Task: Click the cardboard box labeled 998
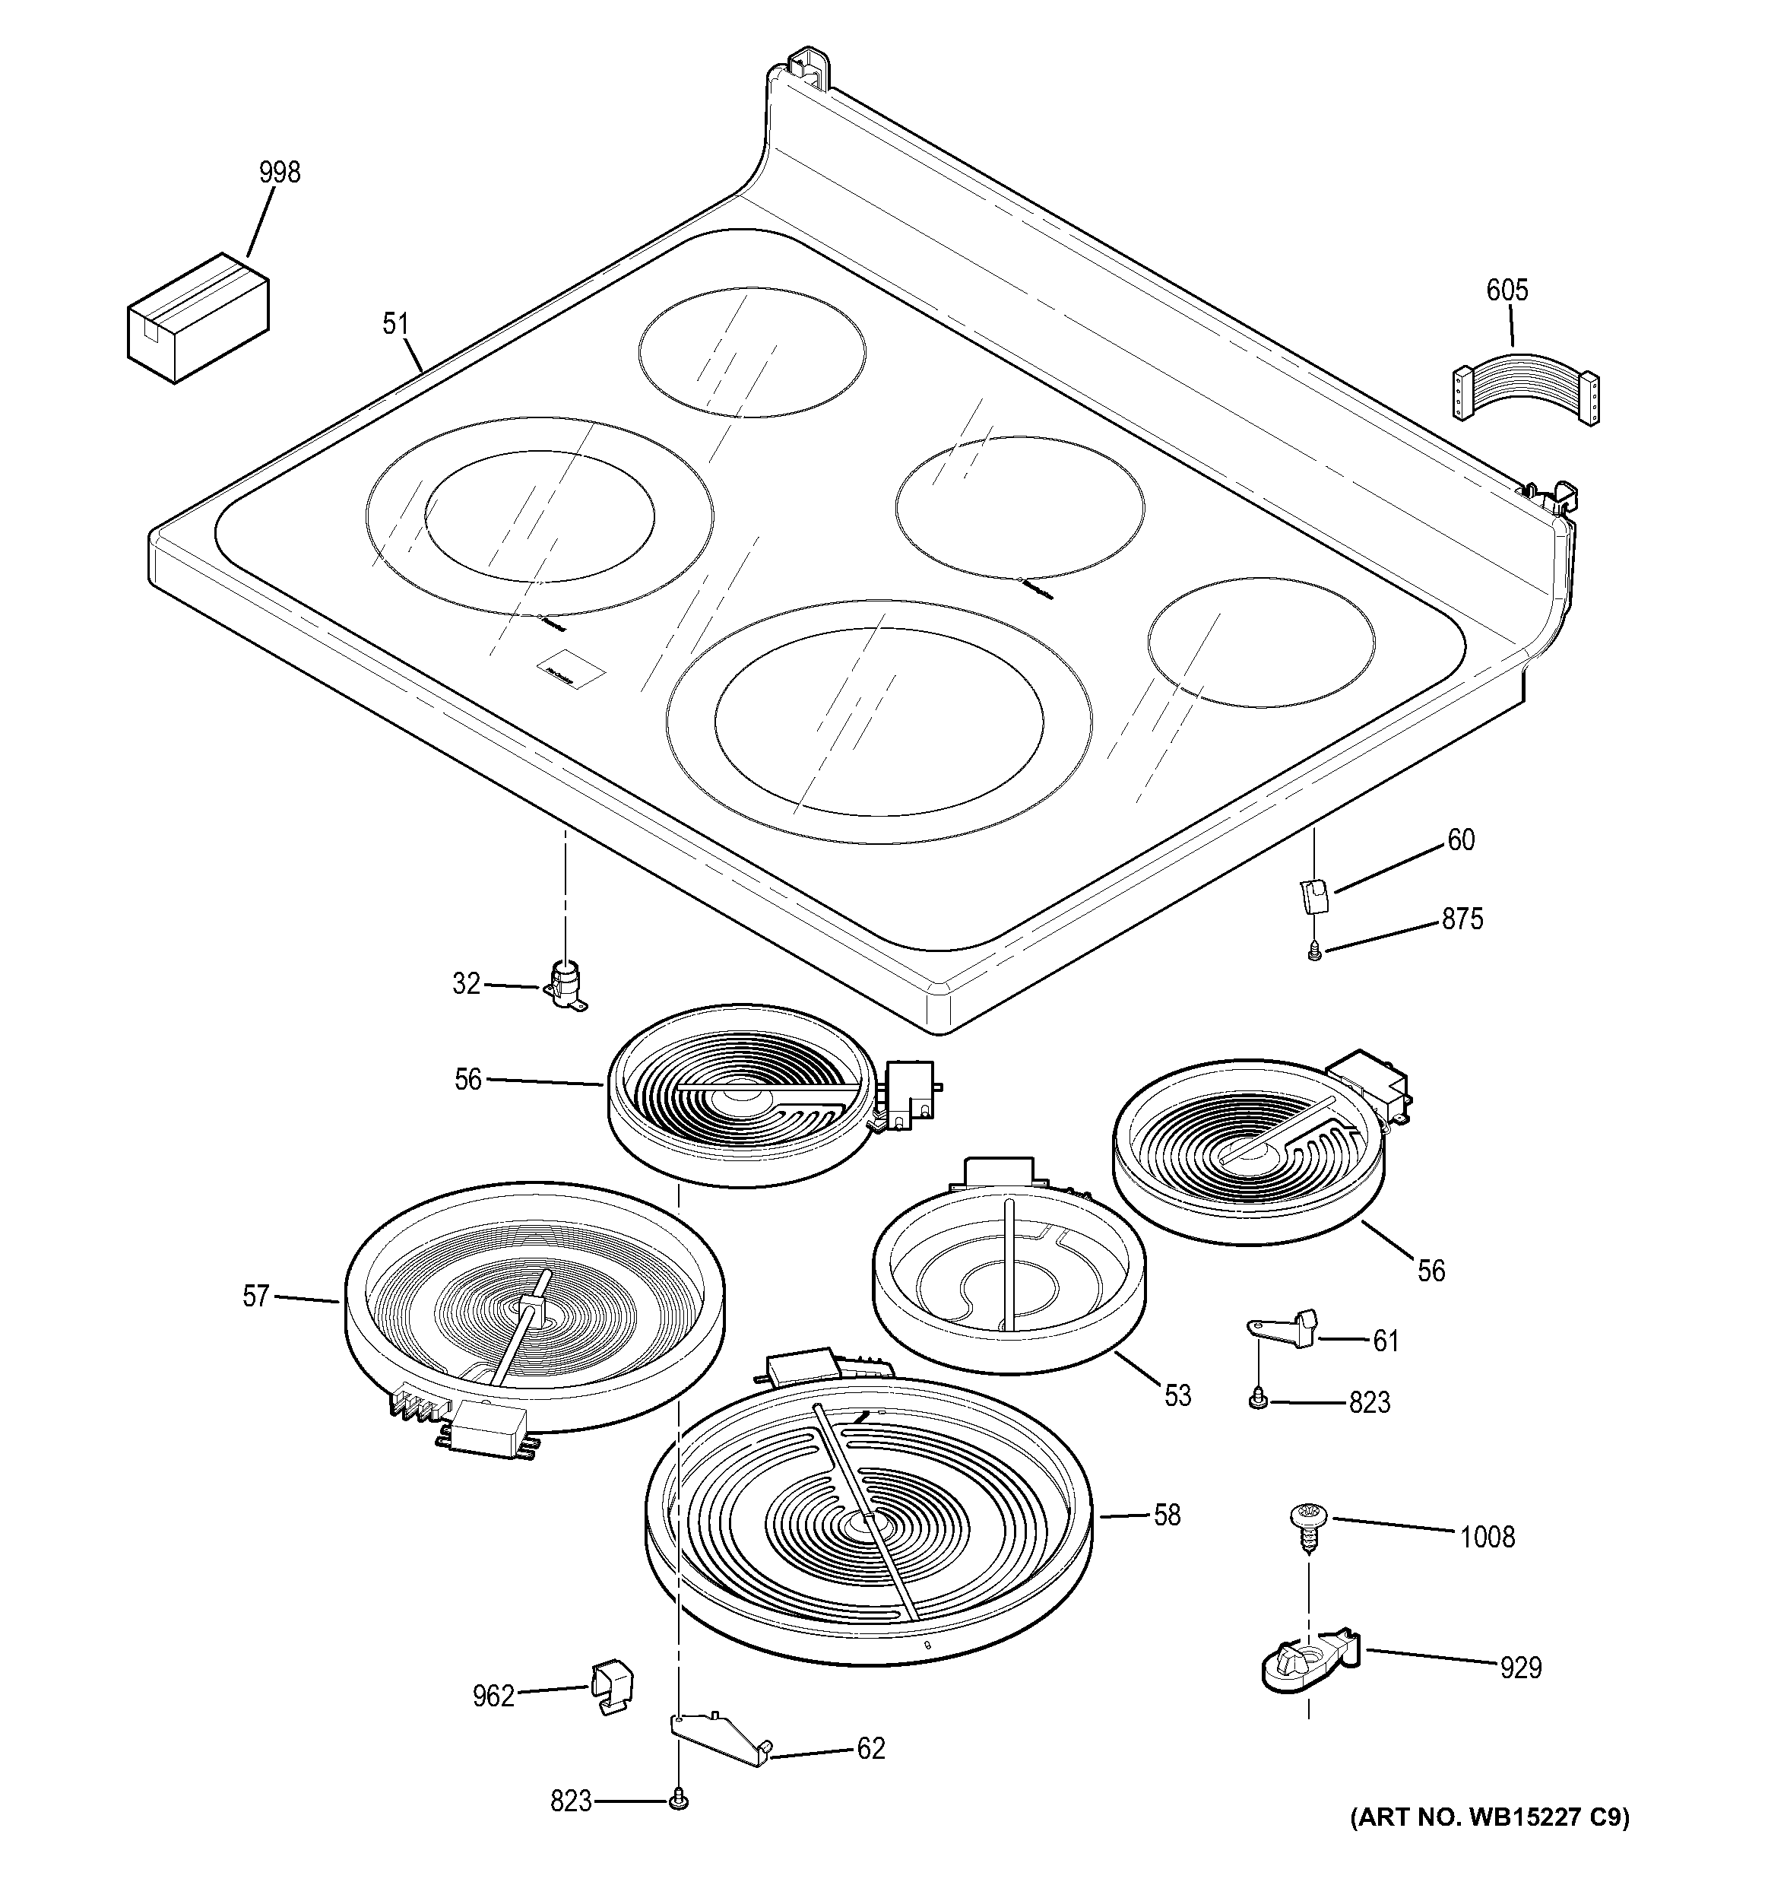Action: click(x=198, y=318)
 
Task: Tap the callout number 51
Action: click(x=395, y=325)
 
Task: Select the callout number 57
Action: click(x=255, y=1296)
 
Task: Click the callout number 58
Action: click(x=1167, y=1515)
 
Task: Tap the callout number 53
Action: click(x=1177, y=1395)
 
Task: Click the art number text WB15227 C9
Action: click(x=1488, y=1817)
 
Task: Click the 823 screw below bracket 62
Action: click(x=678, y=1801)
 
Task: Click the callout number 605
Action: click(x=1507, y=290)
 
